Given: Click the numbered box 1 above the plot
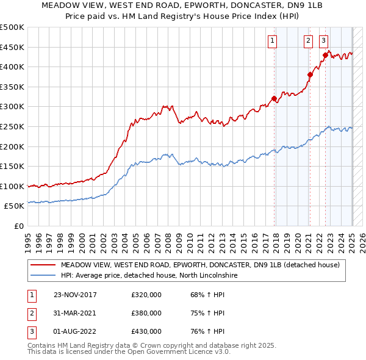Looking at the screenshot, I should [x=271, y=41].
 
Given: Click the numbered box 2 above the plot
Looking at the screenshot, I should [x=308, y=41].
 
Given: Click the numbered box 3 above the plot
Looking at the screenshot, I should [x=323, y=41].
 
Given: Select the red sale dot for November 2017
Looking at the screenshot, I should [x=274, y=98].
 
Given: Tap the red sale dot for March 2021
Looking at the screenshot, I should [x=310, y=74].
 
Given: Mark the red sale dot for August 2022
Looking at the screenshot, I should [x=325, y=55].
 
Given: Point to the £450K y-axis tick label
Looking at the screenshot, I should [x=12, y=47].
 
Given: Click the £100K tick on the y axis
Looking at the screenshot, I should [x=12, y=186].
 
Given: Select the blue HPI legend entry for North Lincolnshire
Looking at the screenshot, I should [x=149, y=275].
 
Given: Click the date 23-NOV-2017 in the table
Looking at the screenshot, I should [x=75, y=295].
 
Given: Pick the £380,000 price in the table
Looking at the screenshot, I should [x=146, y=313].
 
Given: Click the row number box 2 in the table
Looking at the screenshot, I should [x=31, y=313].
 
